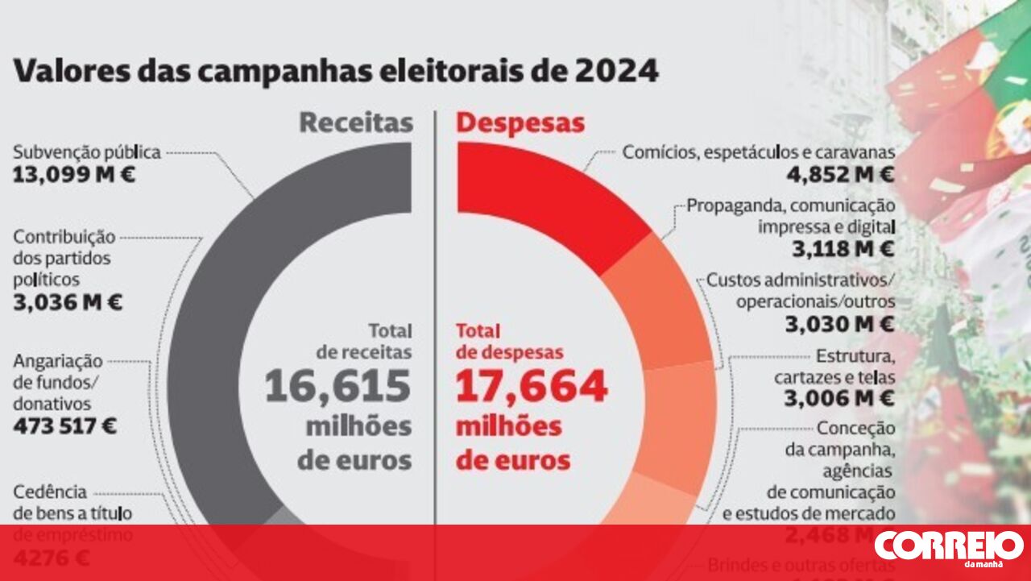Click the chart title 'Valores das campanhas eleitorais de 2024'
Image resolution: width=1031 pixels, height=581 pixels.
(336, 72)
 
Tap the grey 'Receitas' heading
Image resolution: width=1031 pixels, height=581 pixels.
(356, 122)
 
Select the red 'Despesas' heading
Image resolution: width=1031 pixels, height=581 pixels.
(520, 122)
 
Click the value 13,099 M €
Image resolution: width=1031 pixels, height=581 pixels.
(74, 173)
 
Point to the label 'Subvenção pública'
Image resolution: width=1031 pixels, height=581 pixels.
(87, 151)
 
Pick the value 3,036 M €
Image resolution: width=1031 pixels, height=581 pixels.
(68, 303)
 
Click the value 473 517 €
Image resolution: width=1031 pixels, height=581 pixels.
(64, 425)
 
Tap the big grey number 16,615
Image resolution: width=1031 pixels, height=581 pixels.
(337, 387)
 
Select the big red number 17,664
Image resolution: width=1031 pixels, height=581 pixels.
(532, 387)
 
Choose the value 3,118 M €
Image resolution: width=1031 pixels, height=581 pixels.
(843, 249)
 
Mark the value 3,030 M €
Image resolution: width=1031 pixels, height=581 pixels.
(839, 324)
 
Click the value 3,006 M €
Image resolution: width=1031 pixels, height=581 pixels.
(839, 398)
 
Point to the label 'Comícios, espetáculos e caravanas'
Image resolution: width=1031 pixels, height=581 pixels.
(759, 152)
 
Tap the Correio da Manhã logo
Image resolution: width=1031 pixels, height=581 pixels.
(949, 547)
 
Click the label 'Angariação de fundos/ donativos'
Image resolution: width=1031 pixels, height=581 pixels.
(58, 382)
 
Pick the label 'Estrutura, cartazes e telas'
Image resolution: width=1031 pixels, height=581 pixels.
(834, 366)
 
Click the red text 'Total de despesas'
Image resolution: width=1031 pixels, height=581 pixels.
(509, 342)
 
